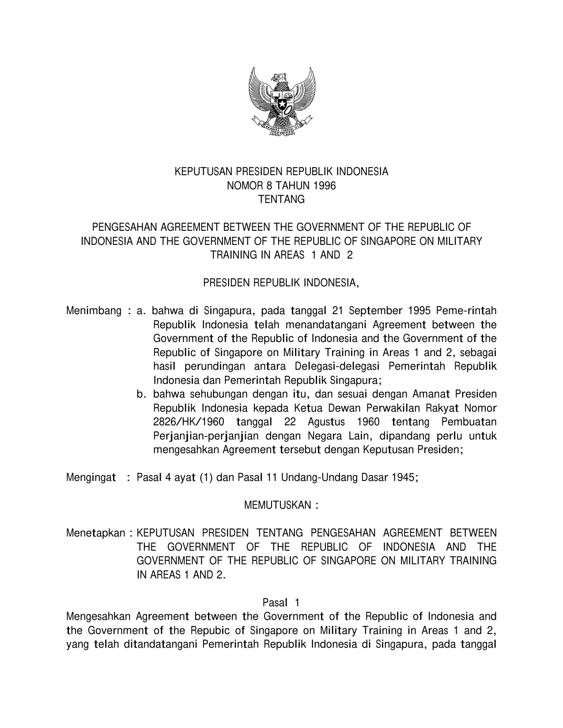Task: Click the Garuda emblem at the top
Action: [x=282, y=101]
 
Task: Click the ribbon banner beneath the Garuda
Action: [x=282, y=125]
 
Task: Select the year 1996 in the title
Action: [x=325, y=186]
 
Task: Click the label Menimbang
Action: [x=94, y=311]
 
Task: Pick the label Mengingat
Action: [x=91, y=477]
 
